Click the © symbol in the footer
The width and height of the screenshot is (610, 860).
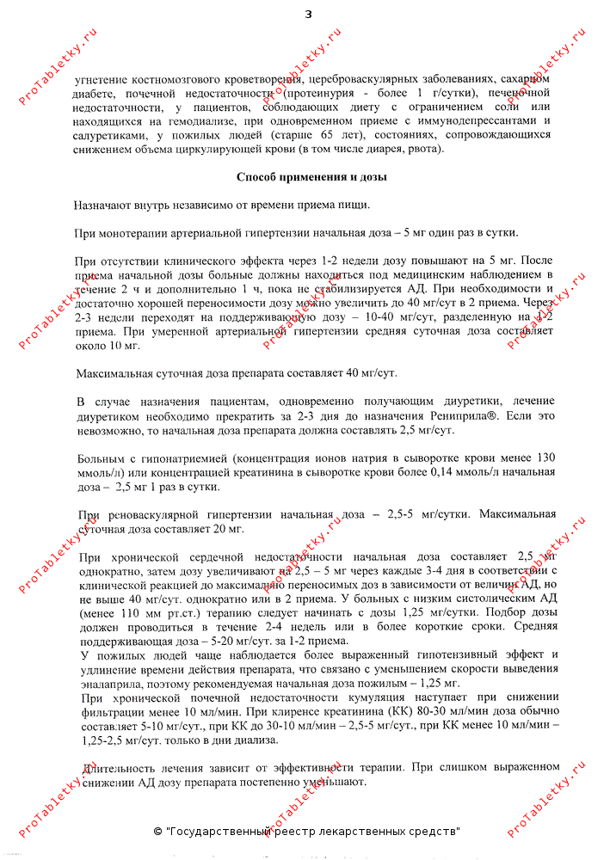coord(157,832)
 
